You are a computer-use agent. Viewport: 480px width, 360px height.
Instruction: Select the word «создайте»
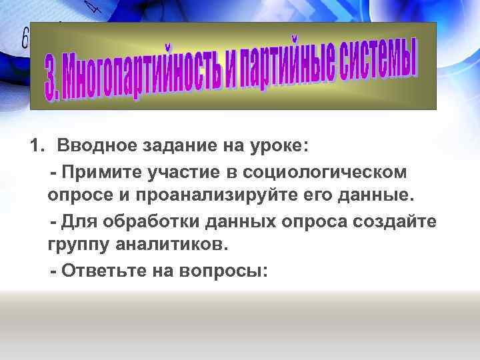(403, 221)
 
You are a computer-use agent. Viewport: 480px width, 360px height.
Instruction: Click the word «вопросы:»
(227, 271)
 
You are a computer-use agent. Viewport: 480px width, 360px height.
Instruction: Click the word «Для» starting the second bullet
(79, 221)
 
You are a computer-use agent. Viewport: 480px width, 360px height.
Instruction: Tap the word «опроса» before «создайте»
(329, 221)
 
